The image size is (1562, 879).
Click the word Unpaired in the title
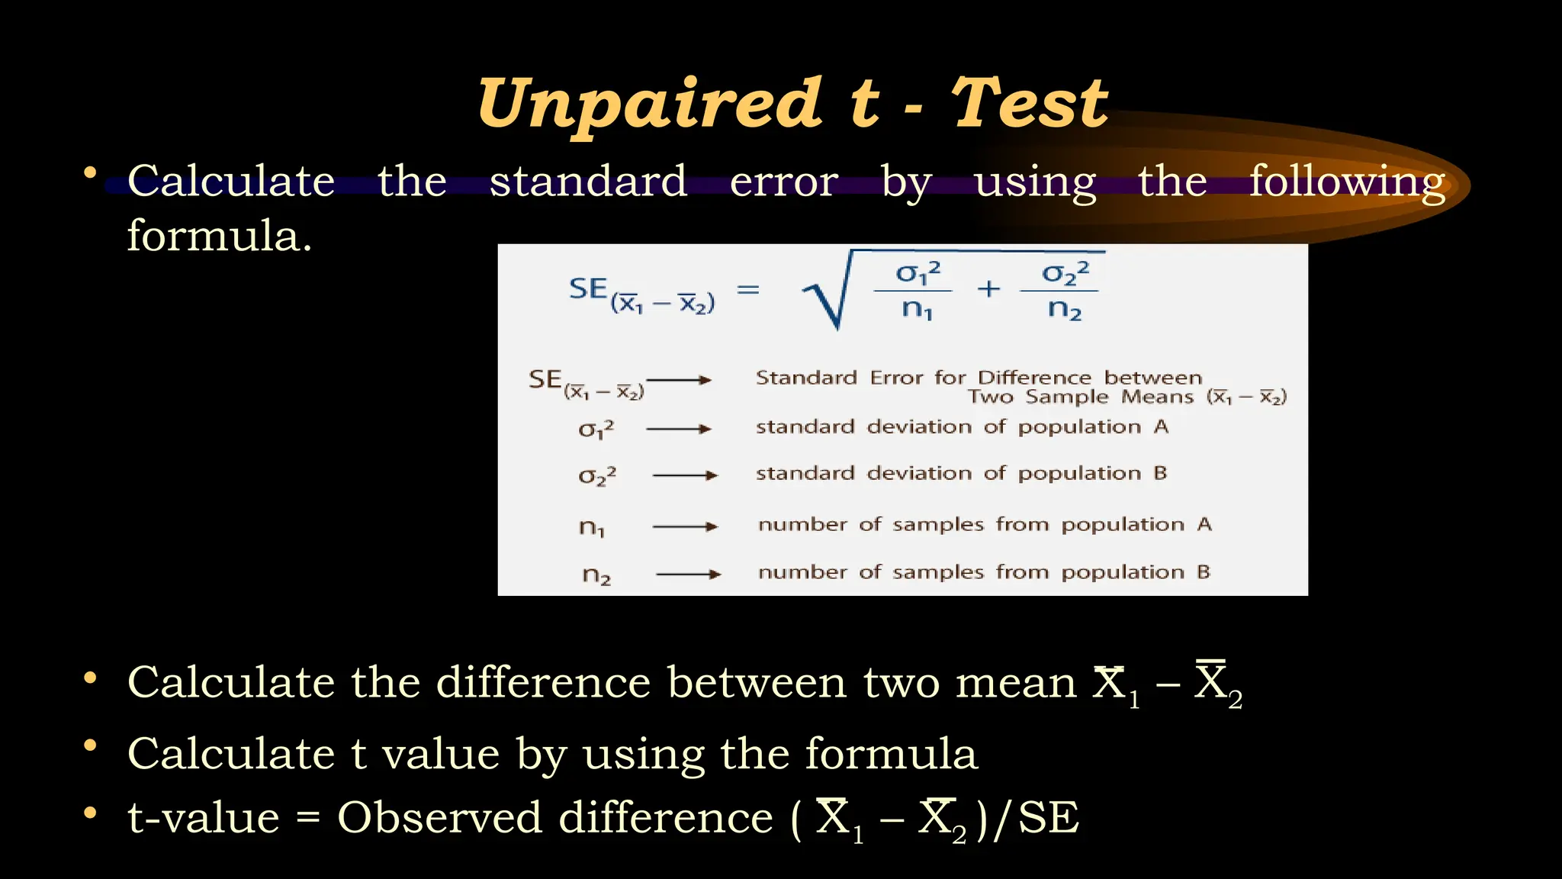649,105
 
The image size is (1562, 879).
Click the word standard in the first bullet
588,182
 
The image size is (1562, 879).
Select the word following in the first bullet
1347,183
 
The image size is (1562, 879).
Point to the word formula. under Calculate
220,236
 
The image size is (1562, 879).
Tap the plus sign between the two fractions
988,288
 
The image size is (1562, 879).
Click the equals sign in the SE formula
748,289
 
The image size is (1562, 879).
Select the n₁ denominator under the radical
917,309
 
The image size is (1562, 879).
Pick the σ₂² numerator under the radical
1065,273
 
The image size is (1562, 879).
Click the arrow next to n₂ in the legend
688,574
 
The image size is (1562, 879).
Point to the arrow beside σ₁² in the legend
678,429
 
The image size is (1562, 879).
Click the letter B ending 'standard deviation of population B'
1160,473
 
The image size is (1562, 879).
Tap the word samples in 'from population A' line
939,525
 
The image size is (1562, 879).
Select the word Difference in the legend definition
1035,378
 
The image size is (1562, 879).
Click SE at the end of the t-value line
1049,818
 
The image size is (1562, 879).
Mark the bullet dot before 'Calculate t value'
90,745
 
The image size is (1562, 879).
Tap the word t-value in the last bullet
204,818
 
